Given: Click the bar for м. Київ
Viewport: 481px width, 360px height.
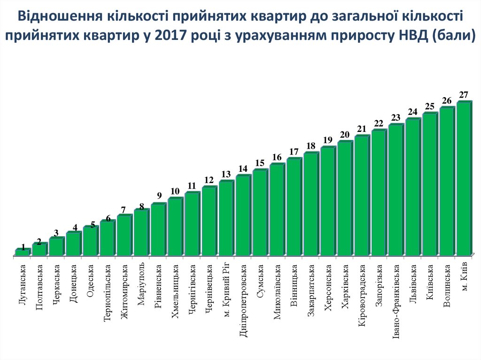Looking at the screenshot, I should point(463,178).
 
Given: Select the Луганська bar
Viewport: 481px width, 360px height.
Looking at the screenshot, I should point(22,252).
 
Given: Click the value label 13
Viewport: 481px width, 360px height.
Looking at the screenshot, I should point(226,174).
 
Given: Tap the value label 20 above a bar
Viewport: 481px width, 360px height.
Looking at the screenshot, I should point(345,135).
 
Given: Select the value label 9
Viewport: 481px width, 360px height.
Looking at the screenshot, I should point(159,196).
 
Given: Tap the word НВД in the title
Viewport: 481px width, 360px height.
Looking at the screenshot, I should point(403,35).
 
